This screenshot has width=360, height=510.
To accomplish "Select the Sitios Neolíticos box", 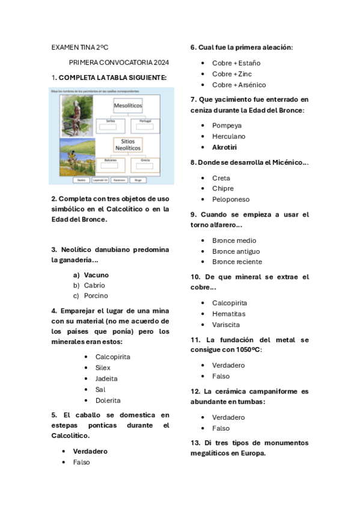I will pos(128,145).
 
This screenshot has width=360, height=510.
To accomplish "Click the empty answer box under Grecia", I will pos(145,167).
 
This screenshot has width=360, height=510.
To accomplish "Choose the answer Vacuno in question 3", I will pos(96,275).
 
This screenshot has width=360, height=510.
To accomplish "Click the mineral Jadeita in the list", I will pos(106,378).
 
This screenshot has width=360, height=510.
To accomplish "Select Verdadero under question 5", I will pos(90,451).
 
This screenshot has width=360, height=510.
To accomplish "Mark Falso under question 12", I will pos(221,428).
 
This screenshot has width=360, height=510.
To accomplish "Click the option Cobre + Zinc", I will pos(232,74).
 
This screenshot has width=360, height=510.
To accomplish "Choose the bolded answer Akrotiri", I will pos(224,147).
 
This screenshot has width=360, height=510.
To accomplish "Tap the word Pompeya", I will pos(227,125).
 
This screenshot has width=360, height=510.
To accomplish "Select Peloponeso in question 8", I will pos(231,199).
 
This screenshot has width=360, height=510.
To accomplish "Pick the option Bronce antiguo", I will pos(236,251).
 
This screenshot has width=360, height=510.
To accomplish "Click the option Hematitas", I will pos(228,313).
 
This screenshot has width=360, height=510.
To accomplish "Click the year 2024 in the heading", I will pos(161,62).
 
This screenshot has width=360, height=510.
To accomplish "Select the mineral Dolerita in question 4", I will pos(108,400).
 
